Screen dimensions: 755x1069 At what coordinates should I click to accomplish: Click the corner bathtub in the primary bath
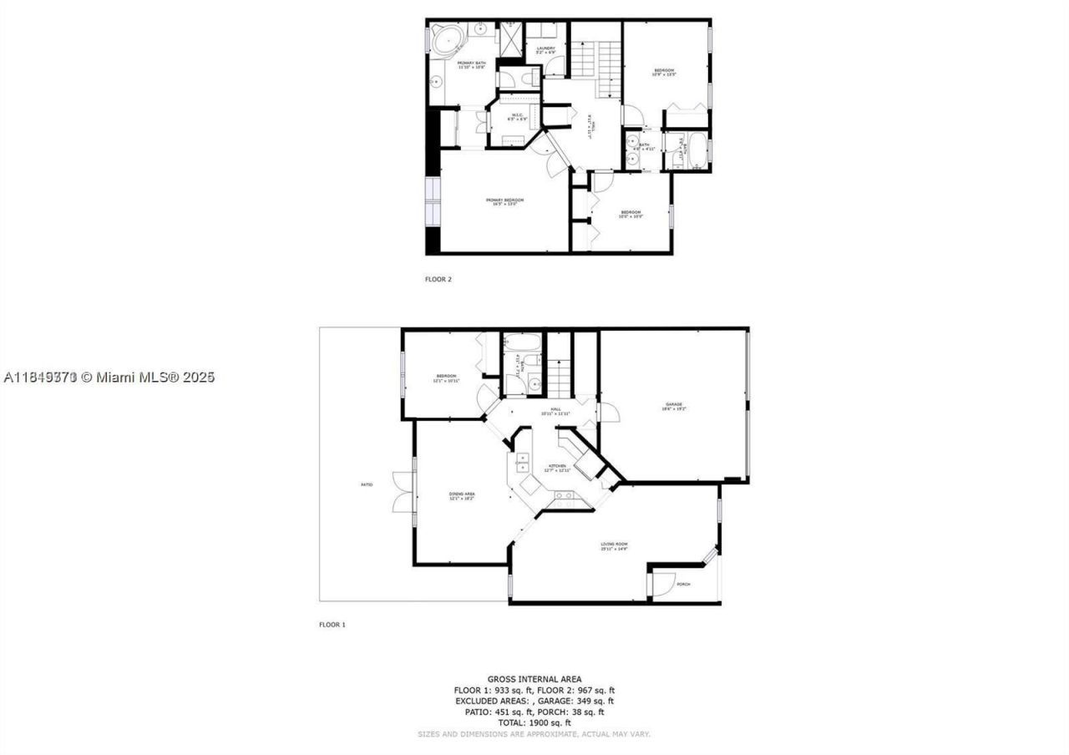click(x=449, y=40)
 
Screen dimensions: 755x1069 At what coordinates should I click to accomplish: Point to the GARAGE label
click(x=674, y=406)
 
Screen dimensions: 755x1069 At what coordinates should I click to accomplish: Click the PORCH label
click(x=683, y=584)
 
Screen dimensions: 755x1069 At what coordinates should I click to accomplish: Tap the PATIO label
click(x=367, y=484)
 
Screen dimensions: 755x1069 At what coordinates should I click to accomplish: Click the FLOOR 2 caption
click(x=438, y=279)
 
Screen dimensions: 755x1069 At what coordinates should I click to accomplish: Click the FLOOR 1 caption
click(x=332, y=624)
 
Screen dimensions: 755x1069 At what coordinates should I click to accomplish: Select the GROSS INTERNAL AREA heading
click(x=534, y=679)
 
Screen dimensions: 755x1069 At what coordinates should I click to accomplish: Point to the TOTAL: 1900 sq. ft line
click(x=534, y=722)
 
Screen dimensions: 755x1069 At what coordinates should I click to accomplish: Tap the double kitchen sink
click(x=523, y=462)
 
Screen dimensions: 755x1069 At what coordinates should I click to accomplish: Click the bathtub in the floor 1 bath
click(x=522, y=343)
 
